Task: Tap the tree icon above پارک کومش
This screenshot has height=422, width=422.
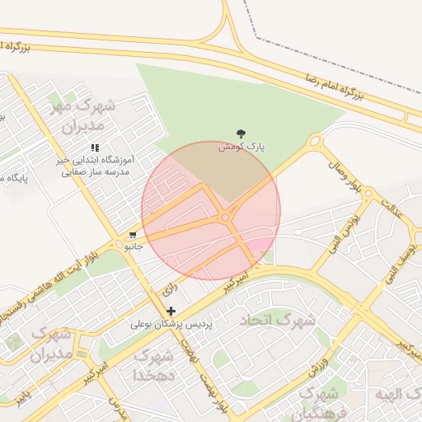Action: coord(241,133)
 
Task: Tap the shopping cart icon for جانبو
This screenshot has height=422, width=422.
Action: coord(133,234)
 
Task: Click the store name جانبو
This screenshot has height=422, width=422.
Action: coord(134,246)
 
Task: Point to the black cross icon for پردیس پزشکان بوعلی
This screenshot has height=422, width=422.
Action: coord(171,312)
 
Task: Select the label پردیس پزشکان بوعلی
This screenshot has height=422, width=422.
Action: coord(171,326)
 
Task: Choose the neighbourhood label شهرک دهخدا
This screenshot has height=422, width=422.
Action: coord(153,365)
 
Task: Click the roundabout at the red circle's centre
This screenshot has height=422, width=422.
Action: coord(225,218)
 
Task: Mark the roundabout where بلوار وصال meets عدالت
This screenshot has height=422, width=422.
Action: coord(369,195)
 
